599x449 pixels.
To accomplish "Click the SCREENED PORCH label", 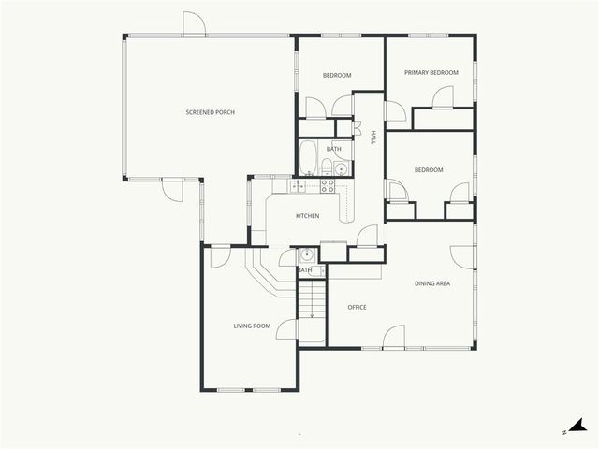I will point(210,112).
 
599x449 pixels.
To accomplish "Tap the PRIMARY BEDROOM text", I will point(431,72).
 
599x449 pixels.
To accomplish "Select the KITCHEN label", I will point(308,216).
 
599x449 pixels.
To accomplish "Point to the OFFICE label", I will point(357,307).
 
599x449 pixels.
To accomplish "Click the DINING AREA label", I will point(433,282).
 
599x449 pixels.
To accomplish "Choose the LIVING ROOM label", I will point(252,326).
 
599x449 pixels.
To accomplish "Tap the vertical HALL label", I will point(373,137).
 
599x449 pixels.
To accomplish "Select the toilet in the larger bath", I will point(327,167).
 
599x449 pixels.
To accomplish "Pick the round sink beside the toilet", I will point(341,169).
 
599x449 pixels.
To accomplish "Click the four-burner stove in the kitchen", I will point(328,186).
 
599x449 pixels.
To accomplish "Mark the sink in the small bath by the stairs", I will point(306,254).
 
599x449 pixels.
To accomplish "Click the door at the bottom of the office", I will point(393,337).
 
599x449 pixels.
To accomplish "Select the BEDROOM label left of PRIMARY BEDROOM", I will point(337,75).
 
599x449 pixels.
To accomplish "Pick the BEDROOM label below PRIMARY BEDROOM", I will point(429,169).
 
